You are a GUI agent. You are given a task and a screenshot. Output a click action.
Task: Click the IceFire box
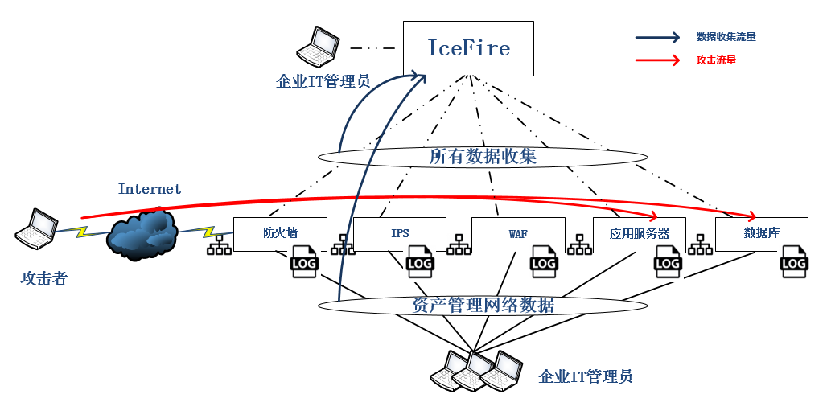[x=468, y=48]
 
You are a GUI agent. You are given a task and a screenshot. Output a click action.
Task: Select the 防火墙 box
[x=280, y=233]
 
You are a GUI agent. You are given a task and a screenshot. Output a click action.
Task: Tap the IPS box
[x=400, y=233]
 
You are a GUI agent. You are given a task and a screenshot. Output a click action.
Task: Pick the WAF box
[x=518, y=233]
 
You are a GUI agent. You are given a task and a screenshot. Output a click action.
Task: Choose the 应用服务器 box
[x=639, y=233]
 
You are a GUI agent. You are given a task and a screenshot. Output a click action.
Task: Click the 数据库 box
[x=760, y=233]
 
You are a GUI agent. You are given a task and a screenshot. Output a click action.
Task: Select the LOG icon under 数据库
[x=794, y=263]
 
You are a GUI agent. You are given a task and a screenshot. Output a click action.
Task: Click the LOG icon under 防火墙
[x=304, y=263]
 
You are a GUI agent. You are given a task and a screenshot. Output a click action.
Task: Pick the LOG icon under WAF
[x=543, y=263]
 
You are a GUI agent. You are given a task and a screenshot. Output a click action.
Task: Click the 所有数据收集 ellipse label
[x=483, y=156]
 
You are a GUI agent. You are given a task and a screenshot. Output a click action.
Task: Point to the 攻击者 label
[x=43, y=279]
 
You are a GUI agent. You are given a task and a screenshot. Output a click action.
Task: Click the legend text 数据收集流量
[x=726, y=37]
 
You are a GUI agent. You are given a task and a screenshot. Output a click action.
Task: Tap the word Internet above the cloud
[x=150, y=189]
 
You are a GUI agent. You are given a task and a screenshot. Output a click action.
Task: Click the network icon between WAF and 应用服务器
[x=578, y=244]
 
